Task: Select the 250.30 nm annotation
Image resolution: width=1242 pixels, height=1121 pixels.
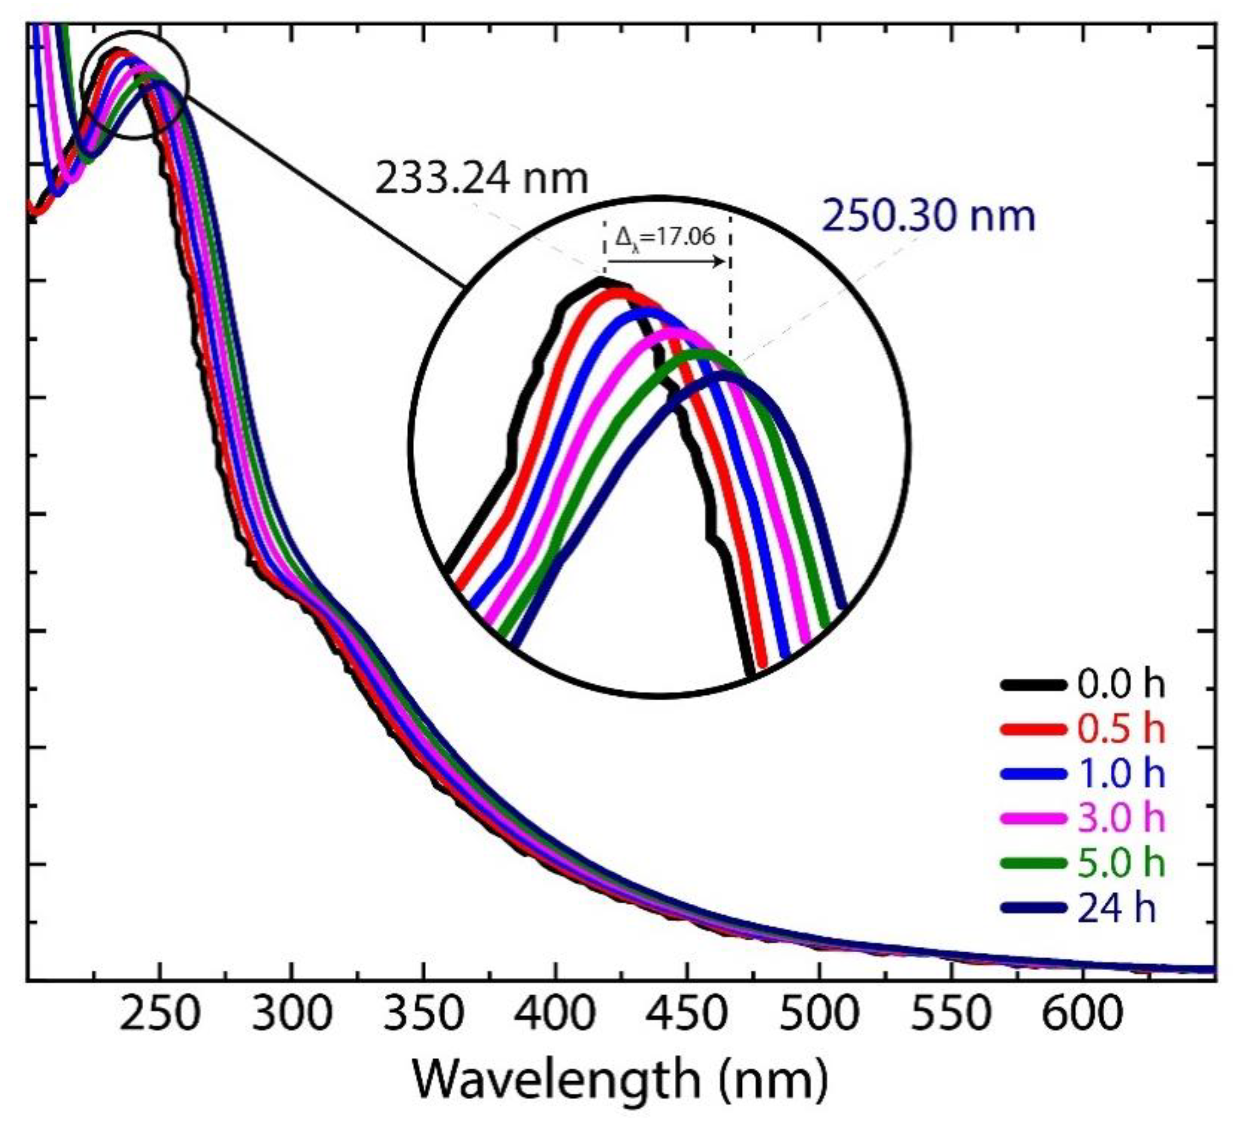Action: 929,217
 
